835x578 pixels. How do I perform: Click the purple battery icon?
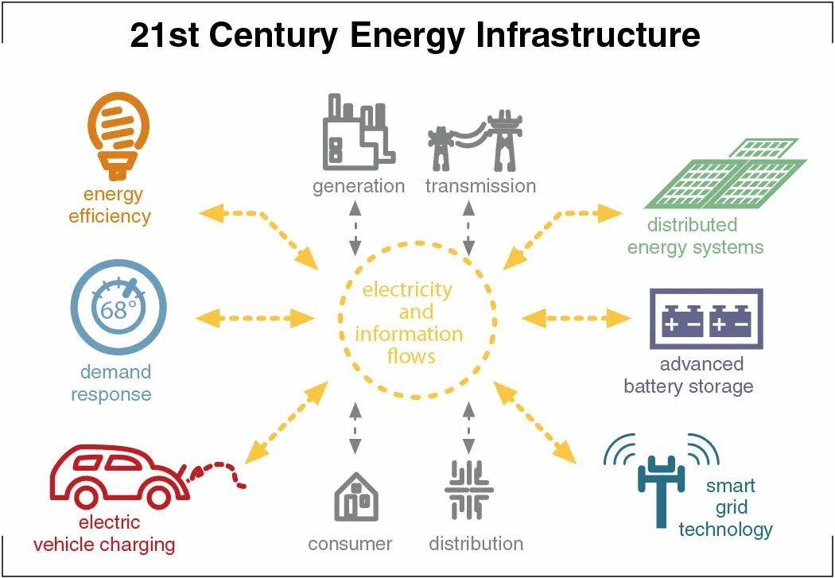click(706, 319)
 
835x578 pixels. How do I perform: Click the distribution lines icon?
click(469, 489)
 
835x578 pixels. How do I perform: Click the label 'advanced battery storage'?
click(689, 375)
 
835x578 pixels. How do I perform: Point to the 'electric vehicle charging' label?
click(104, 533)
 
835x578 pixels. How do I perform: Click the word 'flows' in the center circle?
click(411, 355)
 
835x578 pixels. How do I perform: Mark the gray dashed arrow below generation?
click(355, 227)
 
